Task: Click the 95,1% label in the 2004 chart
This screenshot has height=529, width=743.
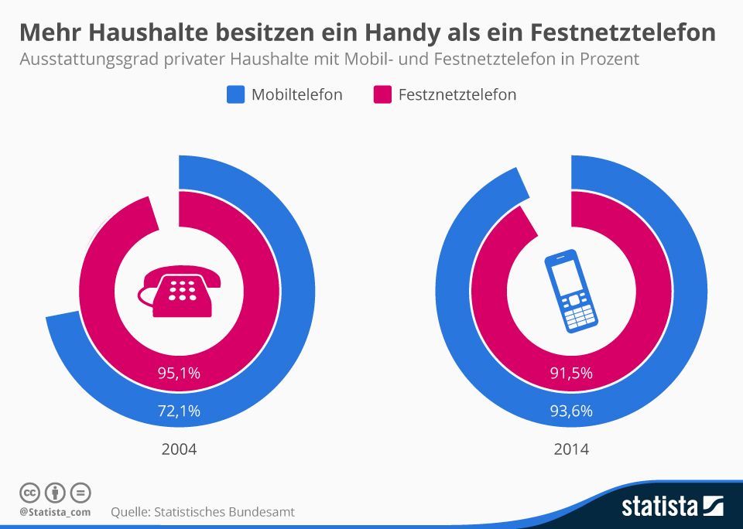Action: click(179, 374)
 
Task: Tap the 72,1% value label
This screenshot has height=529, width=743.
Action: click(179, 411)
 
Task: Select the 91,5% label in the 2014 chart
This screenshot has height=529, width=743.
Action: click(571, 374)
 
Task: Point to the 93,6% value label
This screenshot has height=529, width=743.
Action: click(571, 411)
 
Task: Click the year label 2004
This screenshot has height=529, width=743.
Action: click(179, 449)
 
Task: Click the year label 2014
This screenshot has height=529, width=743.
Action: click(571, 449)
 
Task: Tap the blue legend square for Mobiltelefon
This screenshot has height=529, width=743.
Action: click(235, 95)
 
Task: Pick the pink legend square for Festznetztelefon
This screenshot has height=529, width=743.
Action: click(382, 95)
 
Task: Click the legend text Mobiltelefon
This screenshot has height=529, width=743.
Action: click(297, 95)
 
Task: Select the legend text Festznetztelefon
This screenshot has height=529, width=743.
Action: click(457, 95)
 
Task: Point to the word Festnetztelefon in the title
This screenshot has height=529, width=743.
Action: click(624, 32)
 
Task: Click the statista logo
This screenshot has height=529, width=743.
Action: click(672, 507)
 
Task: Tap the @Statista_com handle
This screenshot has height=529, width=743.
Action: click(55, 512)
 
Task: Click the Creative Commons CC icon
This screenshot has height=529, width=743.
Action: click(29, 492)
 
